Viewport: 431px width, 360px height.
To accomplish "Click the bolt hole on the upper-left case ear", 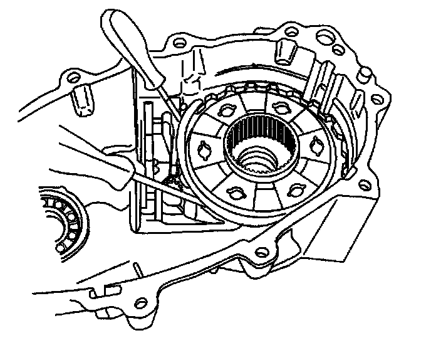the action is (x=74, y=78).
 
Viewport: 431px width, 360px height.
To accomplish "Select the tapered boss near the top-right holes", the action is (x=286, y=51).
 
